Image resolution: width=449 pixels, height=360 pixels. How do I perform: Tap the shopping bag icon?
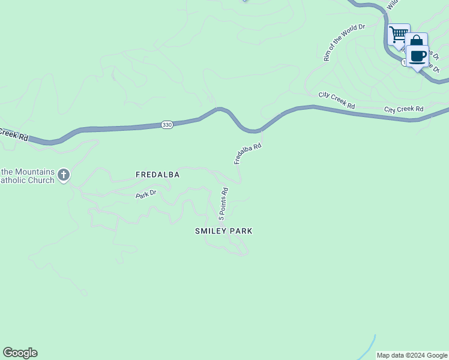click(415, 42)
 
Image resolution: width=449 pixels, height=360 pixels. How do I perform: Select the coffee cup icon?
click(418, 57)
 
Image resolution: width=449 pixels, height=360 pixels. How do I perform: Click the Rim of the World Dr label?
click(344, 43)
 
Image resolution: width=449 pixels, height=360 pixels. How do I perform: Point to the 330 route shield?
click(167, 125)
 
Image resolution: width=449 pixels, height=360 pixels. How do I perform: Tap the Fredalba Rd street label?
click(247, 154)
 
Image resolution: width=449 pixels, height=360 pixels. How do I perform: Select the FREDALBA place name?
click(158, 175)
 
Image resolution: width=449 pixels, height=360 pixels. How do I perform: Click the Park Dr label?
click(146, 194)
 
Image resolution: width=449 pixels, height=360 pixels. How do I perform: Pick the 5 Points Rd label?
click(223, 204)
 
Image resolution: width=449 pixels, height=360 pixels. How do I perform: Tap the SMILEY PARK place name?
click(224, 231)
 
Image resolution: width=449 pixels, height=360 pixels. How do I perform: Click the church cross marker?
click(64, 176)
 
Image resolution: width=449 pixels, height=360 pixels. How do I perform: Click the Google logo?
click(20, 353)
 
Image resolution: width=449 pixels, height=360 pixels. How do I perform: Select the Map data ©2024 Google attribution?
click(412, 355)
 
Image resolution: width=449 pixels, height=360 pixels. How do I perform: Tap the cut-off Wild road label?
click(392, 5)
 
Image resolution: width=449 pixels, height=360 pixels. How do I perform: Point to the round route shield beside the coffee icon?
click(405, 62)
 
